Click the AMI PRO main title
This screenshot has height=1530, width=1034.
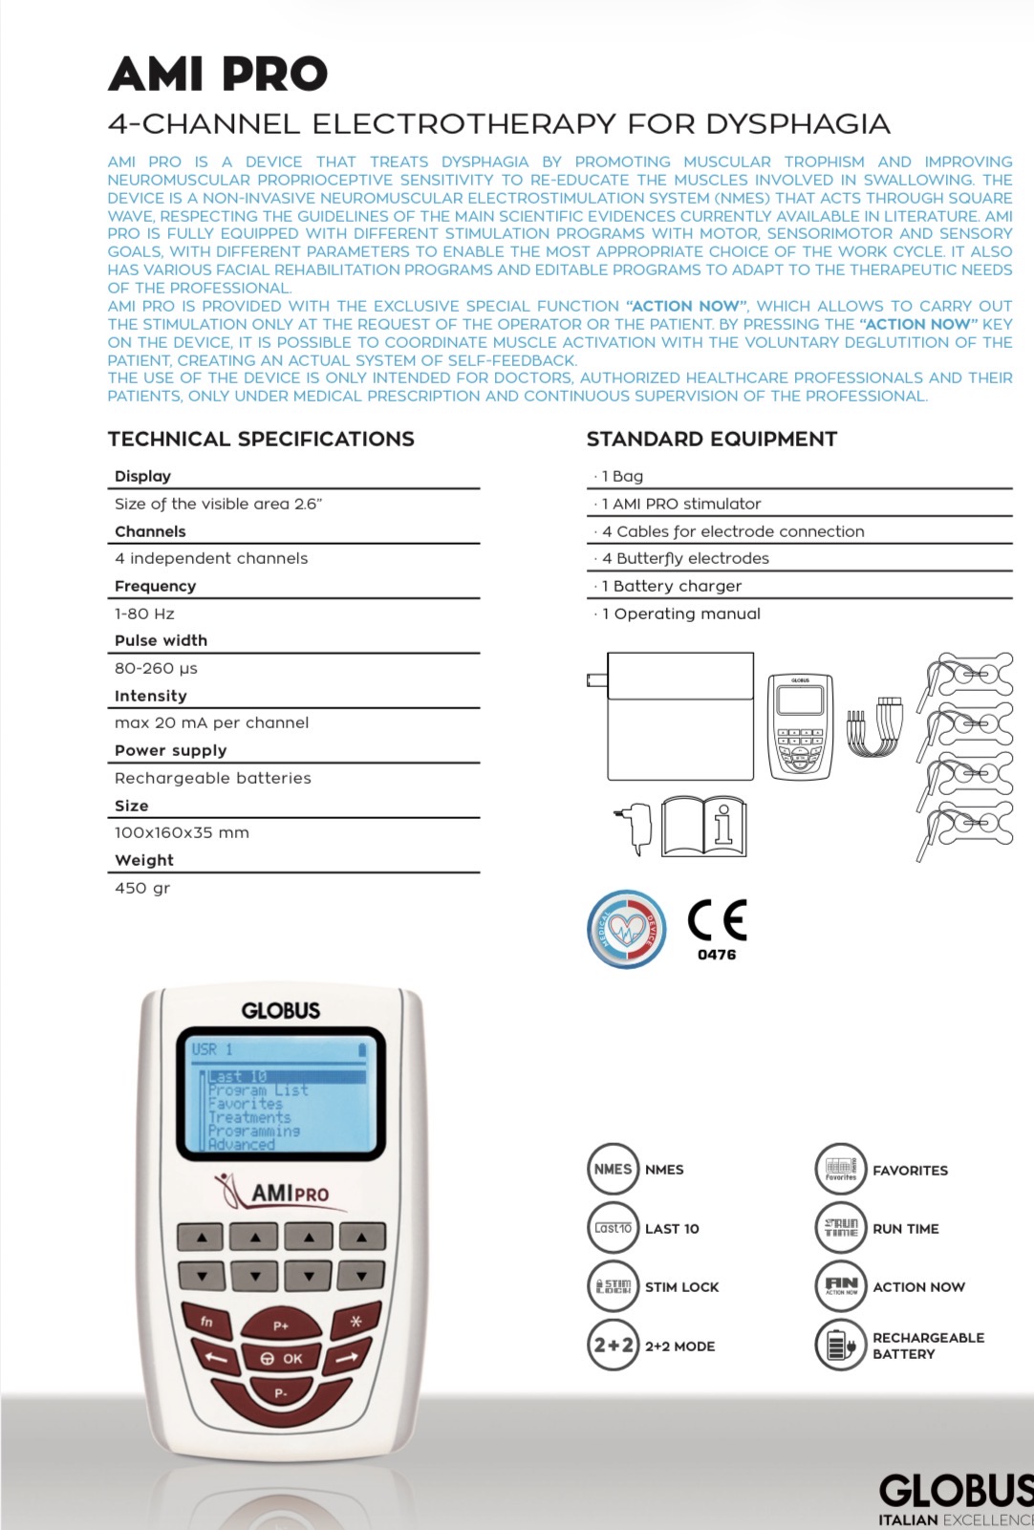tap(218, 74)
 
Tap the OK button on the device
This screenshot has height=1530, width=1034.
tap(282, 1358)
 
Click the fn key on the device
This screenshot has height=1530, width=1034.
tap(206, 1322)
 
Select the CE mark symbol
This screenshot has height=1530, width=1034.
tap(717, 920)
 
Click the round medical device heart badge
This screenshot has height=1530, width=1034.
tap(627, 929)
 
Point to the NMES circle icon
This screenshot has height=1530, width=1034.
tap(613, 1169)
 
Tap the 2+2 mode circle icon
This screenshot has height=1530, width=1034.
tap(613, 1346)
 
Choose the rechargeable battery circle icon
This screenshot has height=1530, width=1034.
tap(840, 1345)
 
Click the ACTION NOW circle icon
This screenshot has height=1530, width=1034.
tap(840, 1286)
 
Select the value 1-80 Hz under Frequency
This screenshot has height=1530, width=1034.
tap(144, 614)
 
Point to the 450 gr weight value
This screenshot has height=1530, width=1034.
tap(142, 888)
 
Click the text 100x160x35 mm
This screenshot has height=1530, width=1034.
tap(182, 832)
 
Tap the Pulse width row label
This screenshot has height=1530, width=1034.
tap(161, 640)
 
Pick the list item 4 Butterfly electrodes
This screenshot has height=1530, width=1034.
tap(685, 558)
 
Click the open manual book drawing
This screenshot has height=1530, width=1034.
tap(704, 827)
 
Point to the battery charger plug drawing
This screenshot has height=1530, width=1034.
tap(635, 827)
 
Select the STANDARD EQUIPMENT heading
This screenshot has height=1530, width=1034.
tap(711, 439)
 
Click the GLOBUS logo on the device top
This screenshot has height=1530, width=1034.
tap(281, 1010)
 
